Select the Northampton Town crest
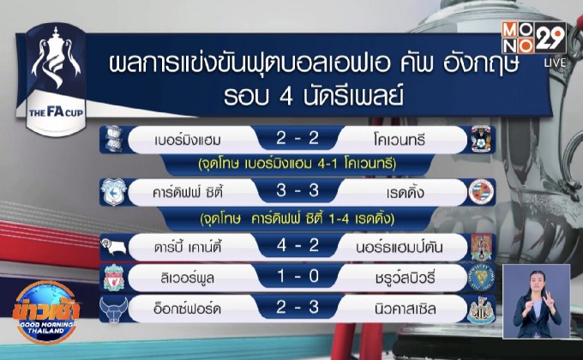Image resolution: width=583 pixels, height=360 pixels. point(482,245)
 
